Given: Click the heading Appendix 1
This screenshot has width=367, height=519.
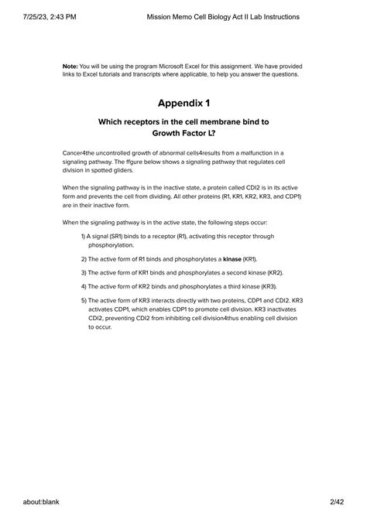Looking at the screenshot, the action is (183, 102).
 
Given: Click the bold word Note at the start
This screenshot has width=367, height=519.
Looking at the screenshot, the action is (70, 67).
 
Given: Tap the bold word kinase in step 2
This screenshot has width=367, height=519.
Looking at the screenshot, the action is (232, 259).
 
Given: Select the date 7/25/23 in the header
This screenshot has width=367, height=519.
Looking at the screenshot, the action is (18, 16).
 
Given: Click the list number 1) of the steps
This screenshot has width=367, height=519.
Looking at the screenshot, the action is (84, 237).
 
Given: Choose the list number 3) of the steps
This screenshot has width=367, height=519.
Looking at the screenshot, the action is (84, 272).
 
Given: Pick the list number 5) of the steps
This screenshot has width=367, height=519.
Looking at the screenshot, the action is (84, 300).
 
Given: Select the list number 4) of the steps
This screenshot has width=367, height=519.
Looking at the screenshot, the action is (84, 286).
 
